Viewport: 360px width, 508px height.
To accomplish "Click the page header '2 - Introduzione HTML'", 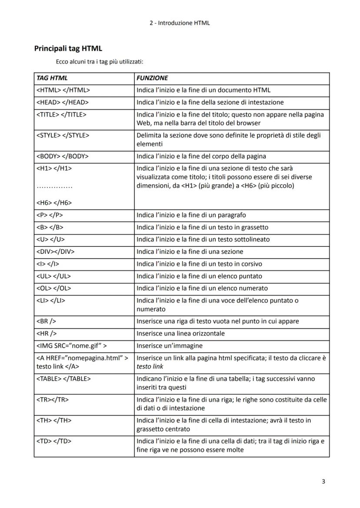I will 179,23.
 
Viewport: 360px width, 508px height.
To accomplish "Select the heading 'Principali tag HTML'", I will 68,49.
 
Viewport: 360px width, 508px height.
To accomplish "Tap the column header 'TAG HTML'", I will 52,78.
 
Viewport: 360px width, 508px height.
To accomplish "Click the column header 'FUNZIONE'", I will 152,78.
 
